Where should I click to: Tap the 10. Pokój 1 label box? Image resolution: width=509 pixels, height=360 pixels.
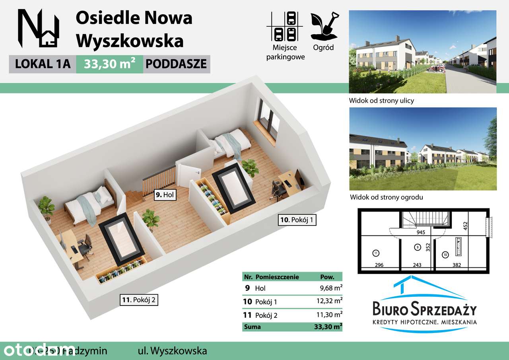297,220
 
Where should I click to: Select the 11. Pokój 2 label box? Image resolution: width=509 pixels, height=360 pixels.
139,300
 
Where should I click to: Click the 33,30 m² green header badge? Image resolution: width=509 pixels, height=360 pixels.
109,64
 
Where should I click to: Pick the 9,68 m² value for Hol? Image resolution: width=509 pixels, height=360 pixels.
328,288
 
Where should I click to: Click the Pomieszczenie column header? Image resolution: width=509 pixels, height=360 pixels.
277,277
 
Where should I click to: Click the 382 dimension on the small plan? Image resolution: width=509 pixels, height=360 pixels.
457,265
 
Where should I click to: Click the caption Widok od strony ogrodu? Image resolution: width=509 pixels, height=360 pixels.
386,197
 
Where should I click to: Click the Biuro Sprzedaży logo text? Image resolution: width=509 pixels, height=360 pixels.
424,309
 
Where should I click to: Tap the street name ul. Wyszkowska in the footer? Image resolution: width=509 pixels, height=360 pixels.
170,351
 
